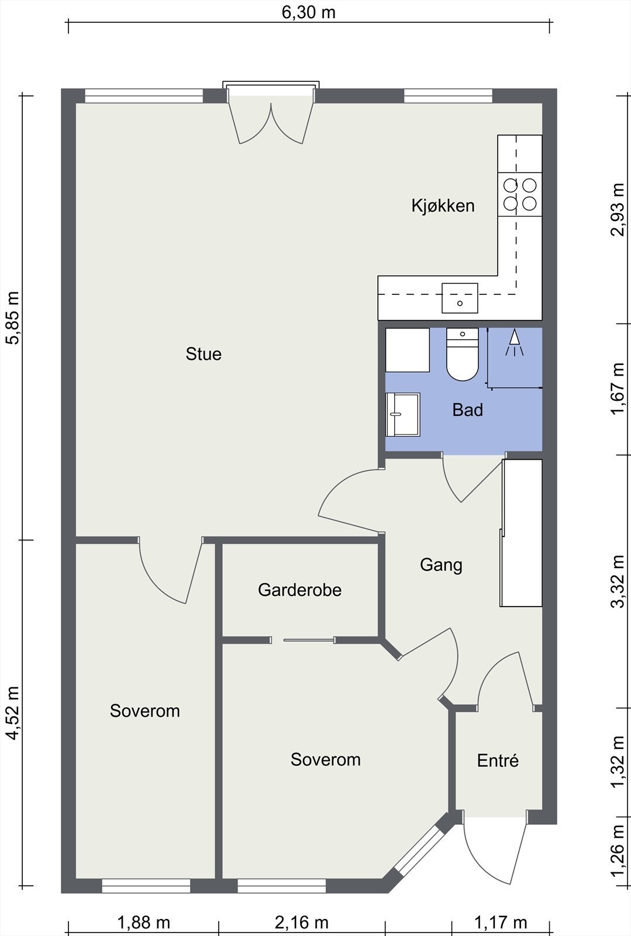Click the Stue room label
coord(204,354)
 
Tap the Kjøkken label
coord(443,205)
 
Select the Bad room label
coord(468,410)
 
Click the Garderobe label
coord(300,590)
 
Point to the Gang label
coord(441,565)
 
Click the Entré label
coord(498,760)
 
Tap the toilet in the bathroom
coord(463,354)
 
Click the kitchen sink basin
coord(460,298)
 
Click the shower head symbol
coord(515,343)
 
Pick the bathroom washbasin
coord(402,415)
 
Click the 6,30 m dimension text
coord(309,12)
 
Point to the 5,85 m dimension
coord(12,318)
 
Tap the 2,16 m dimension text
coord(302,922)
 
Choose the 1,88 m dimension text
coord(144,922)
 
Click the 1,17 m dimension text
coord(501,921)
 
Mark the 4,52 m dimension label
coord(12,713)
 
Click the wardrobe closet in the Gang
coord(521,533)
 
